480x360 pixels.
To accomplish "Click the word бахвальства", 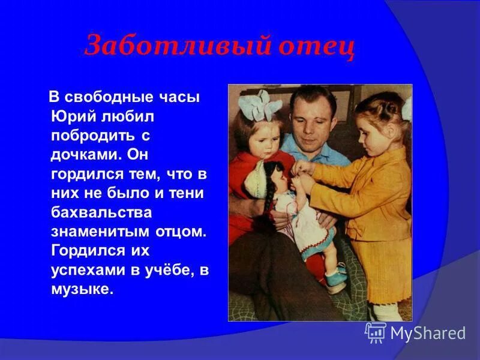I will point(101,212).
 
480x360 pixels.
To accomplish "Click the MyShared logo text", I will point(428,332).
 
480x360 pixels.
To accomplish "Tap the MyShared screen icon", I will point(376,332).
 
